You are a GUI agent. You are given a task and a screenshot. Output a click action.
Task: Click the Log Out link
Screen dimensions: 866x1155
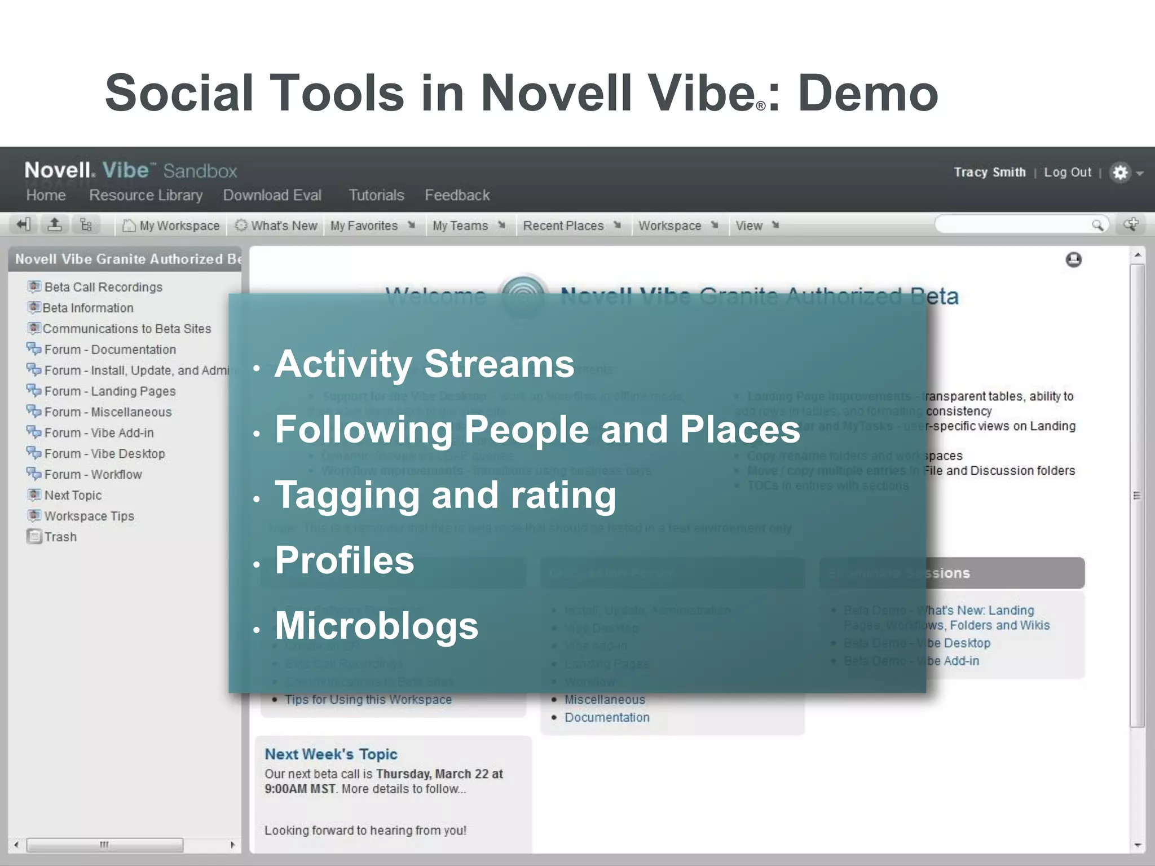[x=1067, y=173]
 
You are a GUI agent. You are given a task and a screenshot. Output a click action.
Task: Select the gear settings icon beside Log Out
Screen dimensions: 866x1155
[x=1120, y=173]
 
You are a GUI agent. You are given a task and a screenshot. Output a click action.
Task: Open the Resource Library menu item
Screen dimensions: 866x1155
[x=146, y=195]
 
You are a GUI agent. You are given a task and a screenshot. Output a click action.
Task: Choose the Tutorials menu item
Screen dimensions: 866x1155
[x=376, y=195]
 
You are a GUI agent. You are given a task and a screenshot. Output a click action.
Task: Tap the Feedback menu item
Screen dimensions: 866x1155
[x=457, y=195]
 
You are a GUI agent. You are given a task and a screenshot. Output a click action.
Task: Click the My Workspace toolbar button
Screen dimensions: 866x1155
[x=171, y=226]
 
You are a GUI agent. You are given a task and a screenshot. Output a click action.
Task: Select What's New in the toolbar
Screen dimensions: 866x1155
[x=277, y=226]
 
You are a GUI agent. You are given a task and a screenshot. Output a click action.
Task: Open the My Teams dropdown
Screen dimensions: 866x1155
[x=468, y=226]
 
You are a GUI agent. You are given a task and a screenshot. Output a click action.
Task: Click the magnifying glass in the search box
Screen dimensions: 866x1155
[x=1097, y=226]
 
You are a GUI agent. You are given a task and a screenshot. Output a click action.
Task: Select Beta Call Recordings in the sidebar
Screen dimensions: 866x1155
[x=103, y=287]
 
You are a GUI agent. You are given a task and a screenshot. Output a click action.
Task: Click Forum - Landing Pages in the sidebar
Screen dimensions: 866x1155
[x=109, y=391]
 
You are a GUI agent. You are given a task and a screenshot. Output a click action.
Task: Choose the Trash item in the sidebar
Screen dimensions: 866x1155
[x=60, y=537]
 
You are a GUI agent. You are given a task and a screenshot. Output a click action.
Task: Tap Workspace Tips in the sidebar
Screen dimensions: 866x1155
[x=89, y=516]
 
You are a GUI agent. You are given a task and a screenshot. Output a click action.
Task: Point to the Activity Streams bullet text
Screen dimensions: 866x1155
[x=424, y=364]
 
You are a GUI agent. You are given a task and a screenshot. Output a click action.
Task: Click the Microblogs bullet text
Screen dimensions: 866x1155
[x=376, y=626]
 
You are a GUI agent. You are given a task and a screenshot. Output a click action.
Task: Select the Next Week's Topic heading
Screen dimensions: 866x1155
[x=331, y=754]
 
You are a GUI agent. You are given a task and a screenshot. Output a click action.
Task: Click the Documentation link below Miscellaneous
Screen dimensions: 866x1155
[x=607, y=717]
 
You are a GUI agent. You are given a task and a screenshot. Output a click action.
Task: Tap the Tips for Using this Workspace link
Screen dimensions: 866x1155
[x=368, y=700]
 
